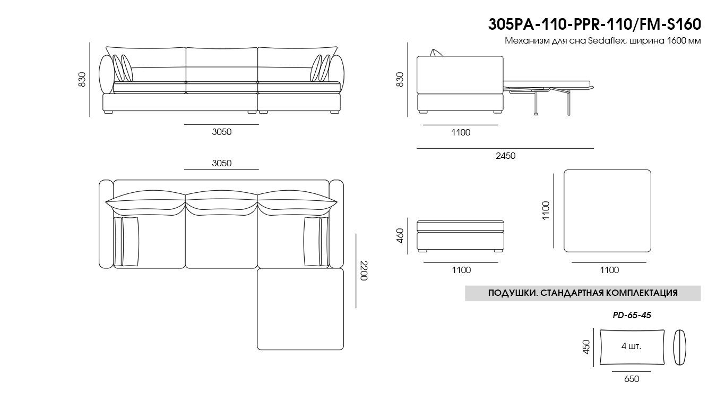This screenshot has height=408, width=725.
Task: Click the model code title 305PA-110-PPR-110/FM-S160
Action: click(594, 24)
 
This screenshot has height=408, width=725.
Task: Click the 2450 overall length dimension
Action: click(506, 156)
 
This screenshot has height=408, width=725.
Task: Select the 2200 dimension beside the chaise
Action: click(364, 270)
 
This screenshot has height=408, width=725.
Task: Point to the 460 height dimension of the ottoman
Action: click(400, 236)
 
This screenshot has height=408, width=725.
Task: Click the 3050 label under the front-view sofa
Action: click(222, 132)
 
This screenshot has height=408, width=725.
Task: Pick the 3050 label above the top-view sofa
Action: click(222, 163)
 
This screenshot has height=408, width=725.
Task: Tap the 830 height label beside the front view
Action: click(82, 79)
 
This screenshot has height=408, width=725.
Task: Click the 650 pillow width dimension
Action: click(632, 379)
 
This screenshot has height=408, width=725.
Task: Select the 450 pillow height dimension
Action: click(586, 347)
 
